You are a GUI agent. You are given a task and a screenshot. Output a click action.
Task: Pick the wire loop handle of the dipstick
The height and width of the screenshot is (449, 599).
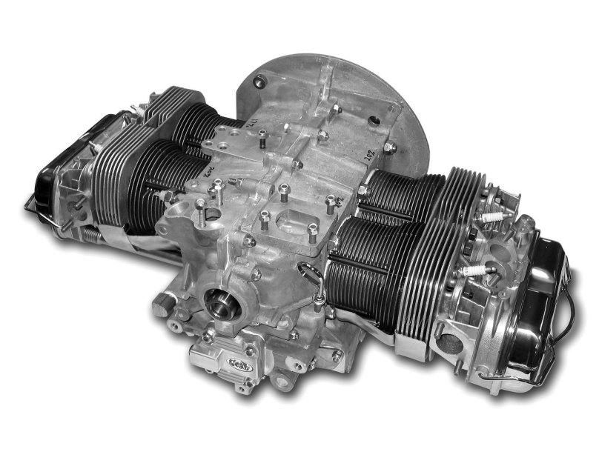316,285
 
